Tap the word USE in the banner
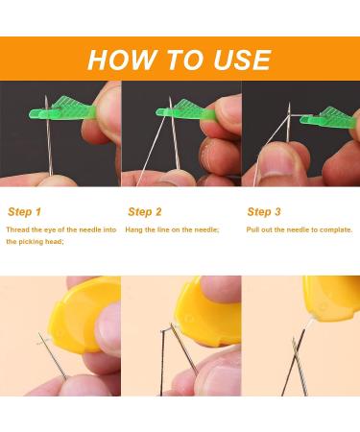click(243, 60)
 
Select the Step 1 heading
click(25, 212)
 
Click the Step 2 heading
click(145, 212)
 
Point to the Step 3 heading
click(264, 212)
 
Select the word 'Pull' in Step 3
click(252, 229)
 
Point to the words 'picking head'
click(39, 242)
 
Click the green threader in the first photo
click(62, 108)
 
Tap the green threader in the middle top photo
click(185, 109)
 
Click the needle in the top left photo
click(48, 136)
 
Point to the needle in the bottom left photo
click(53, 356)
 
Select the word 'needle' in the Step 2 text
click(206, 229)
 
